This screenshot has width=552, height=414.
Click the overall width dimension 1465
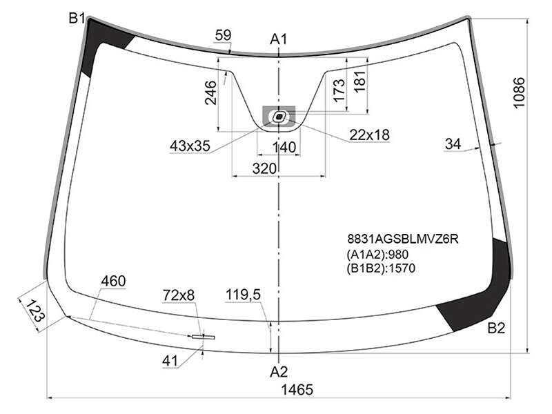tap(297, 390)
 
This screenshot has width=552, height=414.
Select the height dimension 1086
tap(519, 92)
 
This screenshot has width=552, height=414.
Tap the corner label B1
tap(77, 18)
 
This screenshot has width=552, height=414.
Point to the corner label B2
tap(496, 328)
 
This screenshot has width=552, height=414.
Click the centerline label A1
tap(279, 39)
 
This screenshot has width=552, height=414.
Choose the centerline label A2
tap(279, 372)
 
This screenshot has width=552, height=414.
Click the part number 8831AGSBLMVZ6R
tap(403, 239)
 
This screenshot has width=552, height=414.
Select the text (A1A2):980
tap(377, 254)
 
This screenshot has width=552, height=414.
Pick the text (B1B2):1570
tap(381, 268)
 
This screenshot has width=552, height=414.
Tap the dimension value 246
tap(210, 92)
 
